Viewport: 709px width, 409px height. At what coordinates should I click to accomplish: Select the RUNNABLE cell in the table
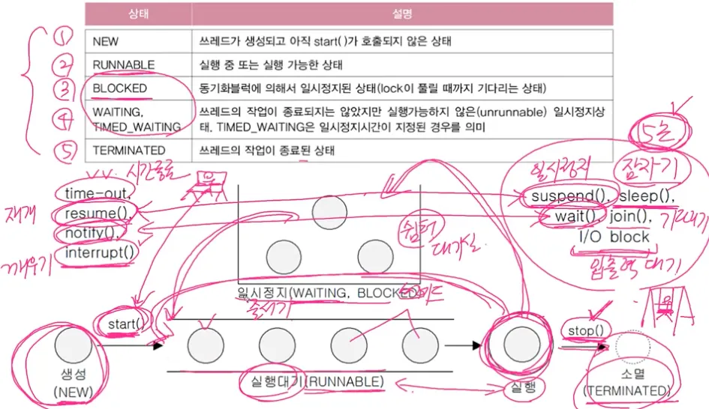point(124,65)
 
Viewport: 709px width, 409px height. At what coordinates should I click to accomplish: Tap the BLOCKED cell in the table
point(120,88)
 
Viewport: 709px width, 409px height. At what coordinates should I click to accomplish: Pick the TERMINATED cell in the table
point(129,151)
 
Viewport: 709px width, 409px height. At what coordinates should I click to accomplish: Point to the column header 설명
point(402,13)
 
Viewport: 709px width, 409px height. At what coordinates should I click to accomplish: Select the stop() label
point(587,330)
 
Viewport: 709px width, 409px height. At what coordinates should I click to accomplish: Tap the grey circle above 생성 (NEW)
point(72,345)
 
